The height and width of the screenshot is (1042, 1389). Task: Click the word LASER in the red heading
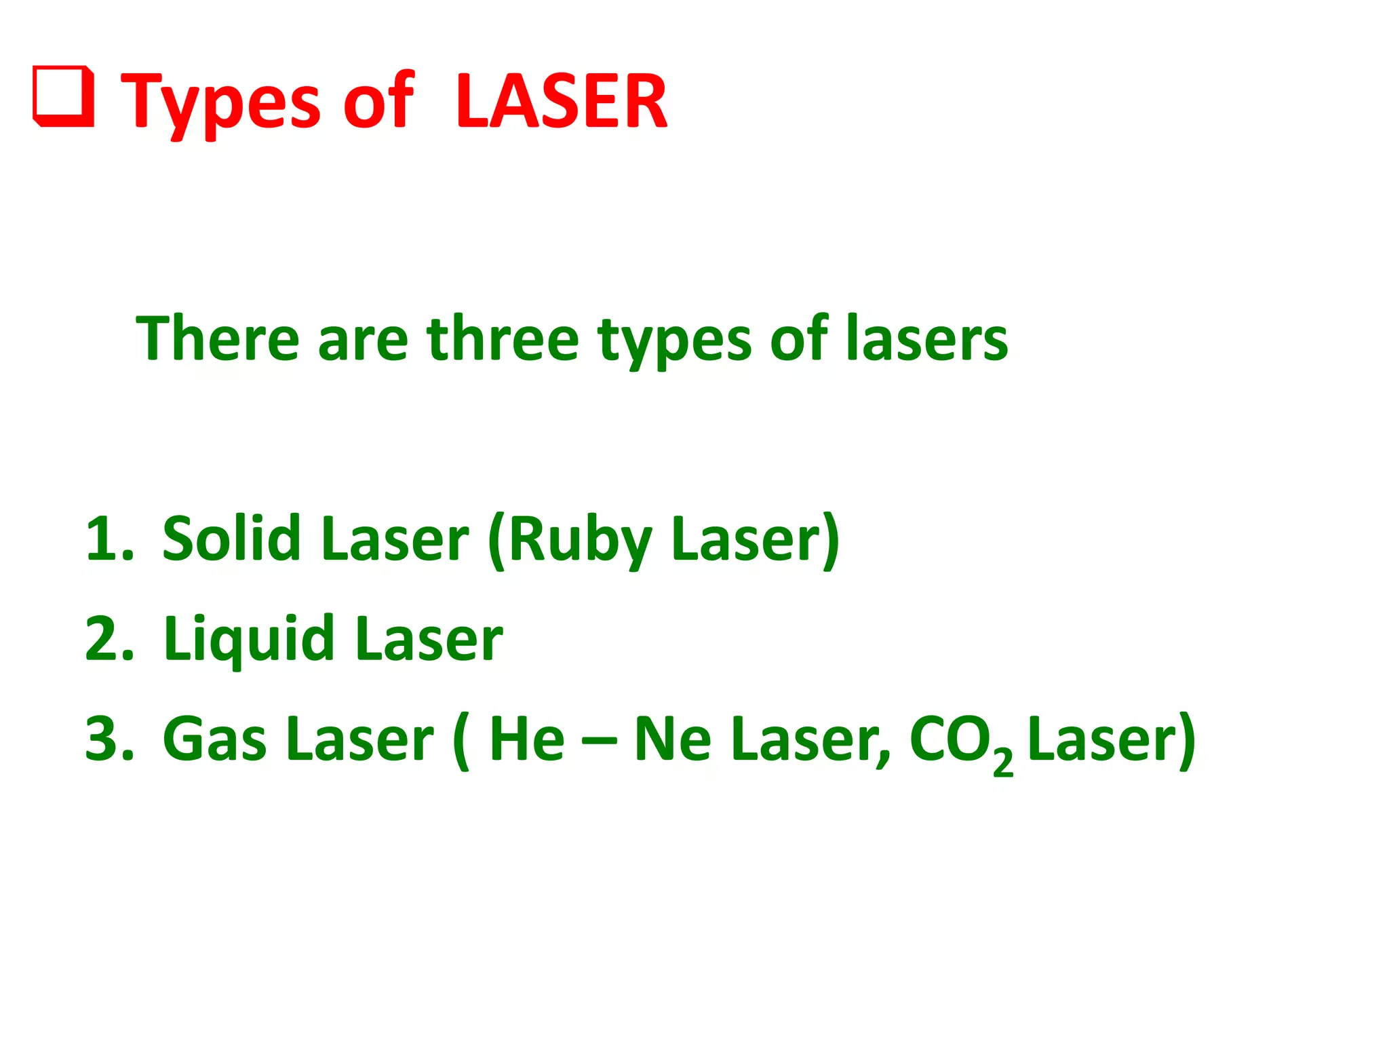(562, 102)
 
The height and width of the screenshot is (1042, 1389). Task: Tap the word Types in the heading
(220, 103)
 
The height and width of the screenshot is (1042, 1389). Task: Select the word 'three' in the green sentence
(503, 339)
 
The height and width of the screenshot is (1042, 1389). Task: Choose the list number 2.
(109, 638)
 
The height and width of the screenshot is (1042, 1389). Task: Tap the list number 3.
(109, 739)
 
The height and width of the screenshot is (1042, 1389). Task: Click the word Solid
(231, 539)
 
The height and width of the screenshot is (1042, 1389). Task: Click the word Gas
(214, 739)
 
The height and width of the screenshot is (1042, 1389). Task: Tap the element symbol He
(527, 739)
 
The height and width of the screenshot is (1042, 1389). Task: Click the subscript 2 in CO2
(1002, 763)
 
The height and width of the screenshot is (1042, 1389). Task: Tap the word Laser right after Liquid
(429, 640)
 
